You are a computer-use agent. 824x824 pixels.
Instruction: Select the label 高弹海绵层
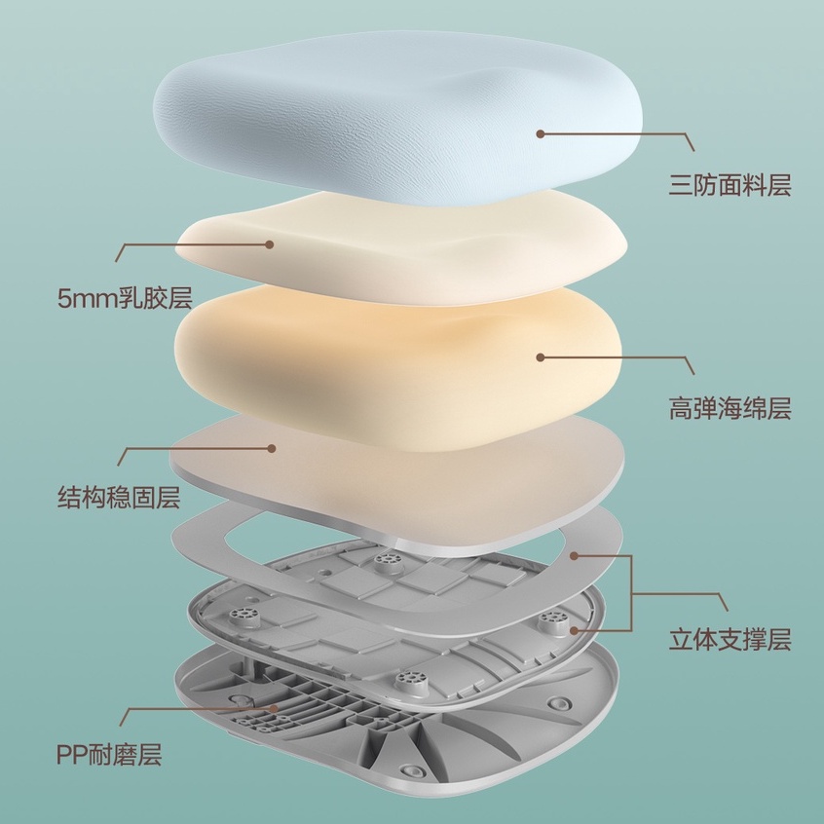(730, 408)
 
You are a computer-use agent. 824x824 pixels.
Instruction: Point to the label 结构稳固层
(119, 500)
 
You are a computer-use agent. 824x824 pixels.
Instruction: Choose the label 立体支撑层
(730, 640)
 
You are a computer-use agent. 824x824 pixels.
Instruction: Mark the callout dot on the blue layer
(538, 133)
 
